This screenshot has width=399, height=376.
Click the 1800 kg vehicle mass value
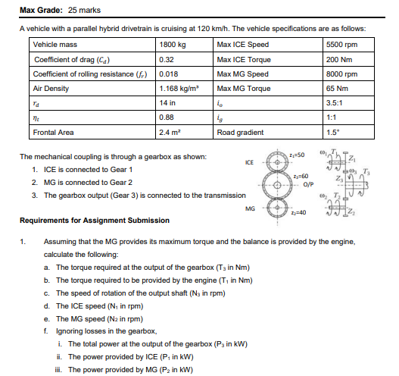172,45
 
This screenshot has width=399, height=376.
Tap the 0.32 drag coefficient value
167,60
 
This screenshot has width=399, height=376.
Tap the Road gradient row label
240,132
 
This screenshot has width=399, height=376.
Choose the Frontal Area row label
54,132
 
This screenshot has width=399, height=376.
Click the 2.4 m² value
170,132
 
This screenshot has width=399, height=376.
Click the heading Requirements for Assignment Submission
94,221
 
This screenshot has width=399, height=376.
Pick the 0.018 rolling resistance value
170,74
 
